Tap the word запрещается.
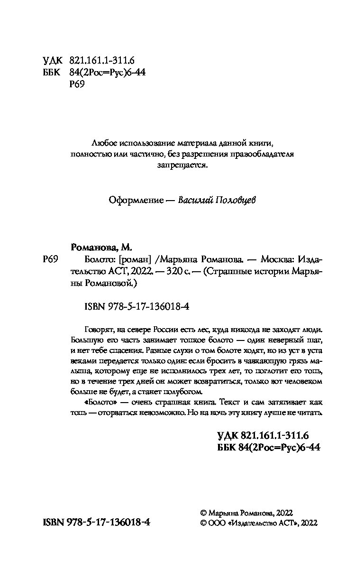click(182, 165)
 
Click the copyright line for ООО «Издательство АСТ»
click(259, 523)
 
